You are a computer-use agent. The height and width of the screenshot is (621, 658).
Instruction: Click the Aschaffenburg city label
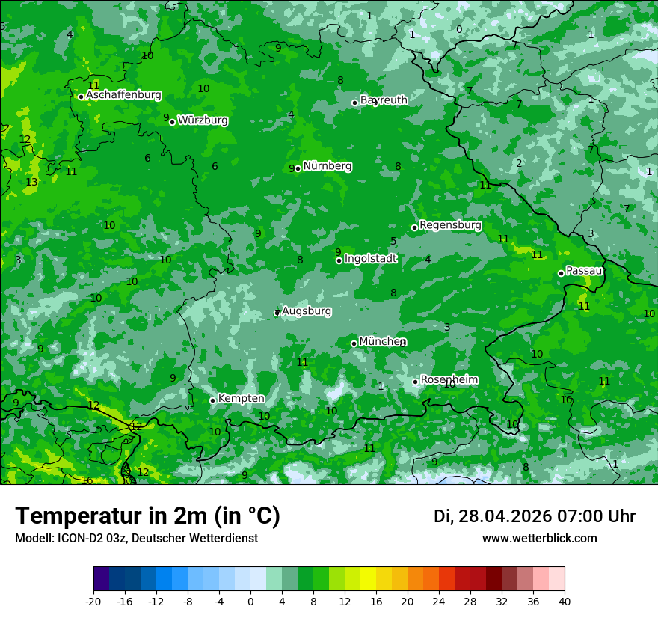[123, 95]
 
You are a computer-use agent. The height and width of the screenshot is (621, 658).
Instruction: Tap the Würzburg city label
[203, 120]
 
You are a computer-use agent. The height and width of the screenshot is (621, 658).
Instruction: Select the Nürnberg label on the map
[327, 166]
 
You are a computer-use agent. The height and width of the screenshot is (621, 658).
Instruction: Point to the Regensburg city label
[450, 225]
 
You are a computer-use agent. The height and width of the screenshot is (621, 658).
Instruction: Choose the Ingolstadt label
[370, 259]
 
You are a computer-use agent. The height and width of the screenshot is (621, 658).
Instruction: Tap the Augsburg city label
[307, 310]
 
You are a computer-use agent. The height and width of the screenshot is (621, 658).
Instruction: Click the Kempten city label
[241, 398]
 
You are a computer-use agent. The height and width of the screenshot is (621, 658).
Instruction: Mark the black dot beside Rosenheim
[416, 382]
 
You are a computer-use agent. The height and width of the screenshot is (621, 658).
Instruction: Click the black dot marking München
[354, 344]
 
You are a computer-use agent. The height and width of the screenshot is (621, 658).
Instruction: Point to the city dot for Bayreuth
[355, 103]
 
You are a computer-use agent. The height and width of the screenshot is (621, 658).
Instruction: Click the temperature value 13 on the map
[31, 183]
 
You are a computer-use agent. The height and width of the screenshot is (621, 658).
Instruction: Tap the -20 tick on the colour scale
[93, 602]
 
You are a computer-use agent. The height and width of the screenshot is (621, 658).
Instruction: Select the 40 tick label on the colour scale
[564, 602]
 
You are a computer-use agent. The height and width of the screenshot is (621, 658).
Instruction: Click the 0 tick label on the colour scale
[250, 602]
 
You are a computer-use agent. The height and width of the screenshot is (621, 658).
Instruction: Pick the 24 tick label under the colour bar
[438, 602]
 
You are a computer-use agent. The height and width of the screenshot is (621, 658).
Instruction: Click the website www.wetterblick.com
[539, 539]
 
